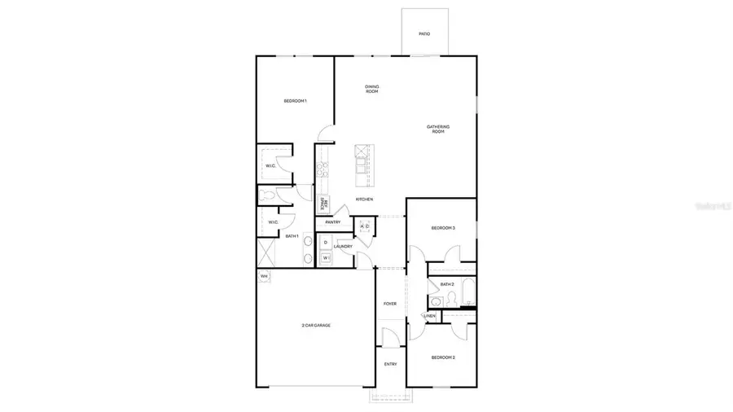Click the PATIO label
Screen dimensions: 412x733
point(424,34)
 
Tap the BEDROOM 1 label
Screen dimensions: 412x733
point(295,101)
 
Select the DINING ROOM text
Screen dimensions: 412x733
point(372,89)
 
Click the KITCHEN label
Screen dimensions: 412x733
point(364,199)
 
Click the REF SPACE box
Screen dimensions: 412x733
point(323,204)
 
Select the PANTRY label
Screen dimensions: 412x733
point(332,221)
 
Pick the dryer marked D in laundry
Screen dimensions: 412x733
point(325,243)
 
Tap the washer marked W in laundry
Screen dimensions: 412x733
point(325,258)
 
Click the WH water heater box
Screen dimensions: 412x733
point(263,277)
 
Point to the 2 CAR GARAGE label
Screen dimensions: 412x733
point(316,326)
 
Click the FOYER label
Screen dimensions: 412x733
point(390,304)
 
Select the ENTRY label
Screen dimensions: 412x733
point(390,364)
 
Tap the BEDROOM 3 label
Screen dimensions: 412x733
point(442,228)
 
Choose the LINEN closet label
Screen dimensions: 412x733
point(429,316)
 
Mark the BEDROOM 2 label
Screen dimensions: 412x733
point(442,357)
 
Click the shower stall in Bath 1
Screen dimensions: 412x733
point(266,252)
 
